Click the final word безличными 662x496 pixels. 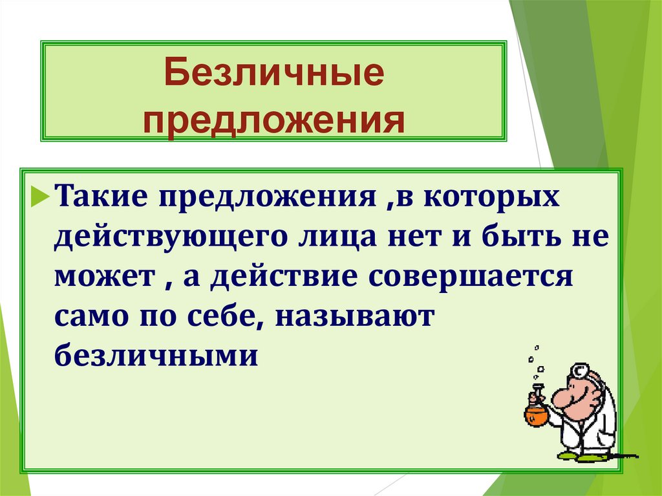coord(156,356)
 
